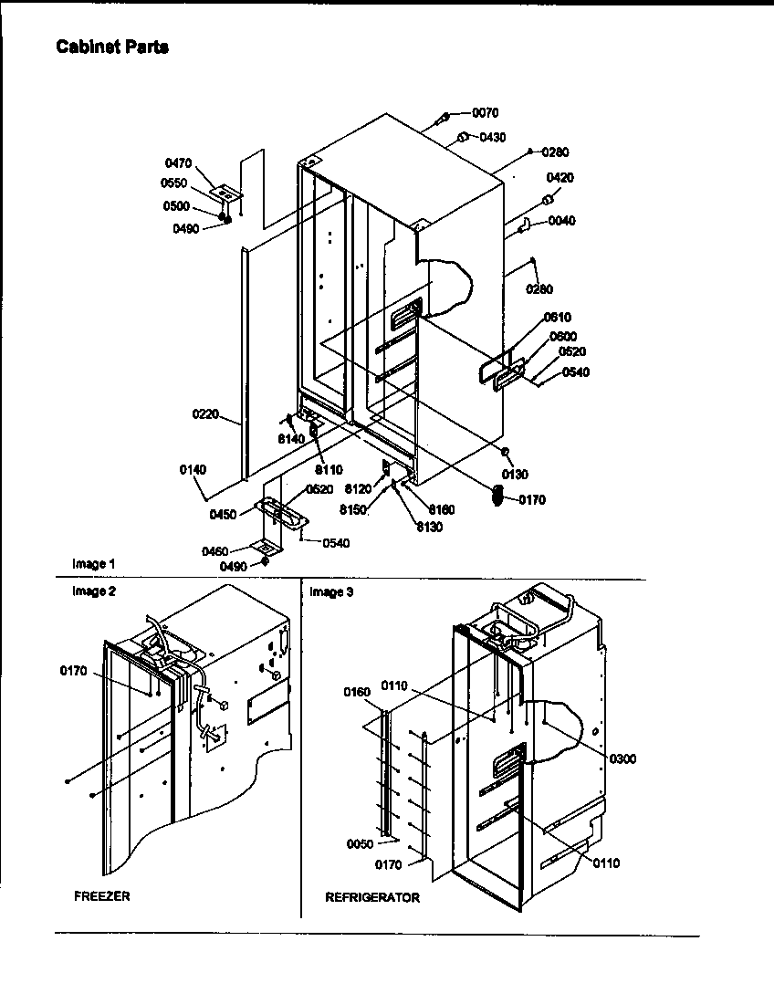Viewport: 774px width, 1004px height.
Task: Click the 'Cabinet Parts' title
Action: coord(112,47)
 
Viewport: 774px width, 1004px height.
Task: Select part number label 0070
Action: coord(486,113)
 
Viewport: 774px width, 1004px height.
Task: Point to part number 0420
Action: coord(560,178)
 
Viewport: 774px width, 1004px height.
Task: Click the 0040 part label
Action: coord(562,221)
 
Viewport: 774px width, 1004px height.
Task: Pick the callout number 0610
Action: coord(557,318)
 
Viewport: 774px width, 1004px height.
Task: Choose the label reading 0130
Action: coord(515,475)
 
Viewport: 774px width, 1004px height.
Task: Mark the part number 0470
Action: coord(178,163)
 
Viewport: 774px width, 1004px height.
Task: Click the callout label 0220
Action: coord(205,413)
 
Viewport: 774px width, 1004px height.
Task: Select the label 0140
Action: coord(193,470)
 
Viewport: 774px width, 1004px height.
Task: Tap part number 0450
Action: coord(223,514)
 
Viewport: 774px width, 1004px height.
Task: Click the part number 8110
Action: coord(329,470)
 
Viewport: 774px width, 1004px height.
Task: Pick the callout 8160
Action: coord(441,509)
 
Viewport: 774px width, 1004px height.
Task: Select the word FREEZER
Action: coord(102,896)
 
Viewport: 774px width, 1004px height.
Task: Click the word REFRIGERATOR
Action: coord(372,898)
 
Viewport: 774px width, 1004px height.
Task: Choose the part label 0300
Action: coord(623,759)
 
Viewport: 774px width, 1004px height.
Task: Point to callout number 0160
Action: coord(357,692)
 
